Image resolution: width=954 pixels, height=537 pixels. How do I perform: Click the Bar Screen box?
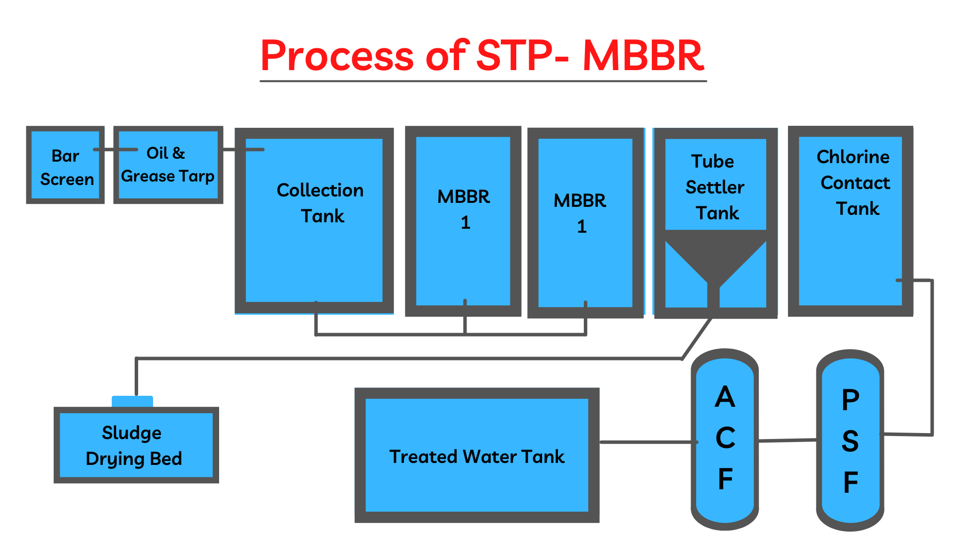(66, 167)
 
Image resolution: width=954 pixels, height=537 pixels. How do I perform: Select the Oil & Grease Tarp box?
(168, 165)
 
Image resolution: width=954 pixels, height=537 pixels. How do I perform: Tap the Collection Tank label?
(320, 203)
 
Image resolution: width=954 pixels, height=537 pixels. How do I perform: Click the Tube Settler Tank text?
(715, 187)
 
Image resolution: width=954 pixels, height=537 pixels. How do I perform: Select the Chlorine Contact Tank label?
(854, 182)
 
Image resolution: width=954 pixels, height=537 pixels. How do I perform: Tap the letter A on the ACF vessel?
(725, 397)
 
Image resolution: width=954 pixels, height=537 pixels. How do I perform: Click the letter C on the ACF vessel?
(725, 438)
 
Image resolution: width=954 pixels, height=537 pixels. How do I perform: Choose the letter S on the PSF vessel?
(850, 441)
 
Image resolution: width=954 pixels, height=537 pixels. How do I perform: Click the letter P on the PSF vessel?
(850, 400)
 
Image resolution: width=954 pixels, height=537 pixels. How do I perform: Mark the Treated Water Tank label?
(477, 456)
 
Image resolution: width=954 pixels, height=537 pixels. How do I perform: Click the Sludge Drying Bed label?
(133, 446)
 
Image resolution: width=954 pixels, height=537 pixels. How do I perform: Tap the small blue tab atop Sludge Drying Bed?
(132, 401)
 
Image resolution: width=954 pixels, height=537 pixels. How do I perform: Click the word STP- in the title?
(522, 55)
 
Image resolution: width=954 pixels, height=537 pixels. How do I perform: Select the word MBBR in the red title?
(643, 55)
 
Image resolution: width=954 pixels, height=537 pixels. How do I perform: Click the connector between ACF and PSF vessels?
(788, 440)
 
